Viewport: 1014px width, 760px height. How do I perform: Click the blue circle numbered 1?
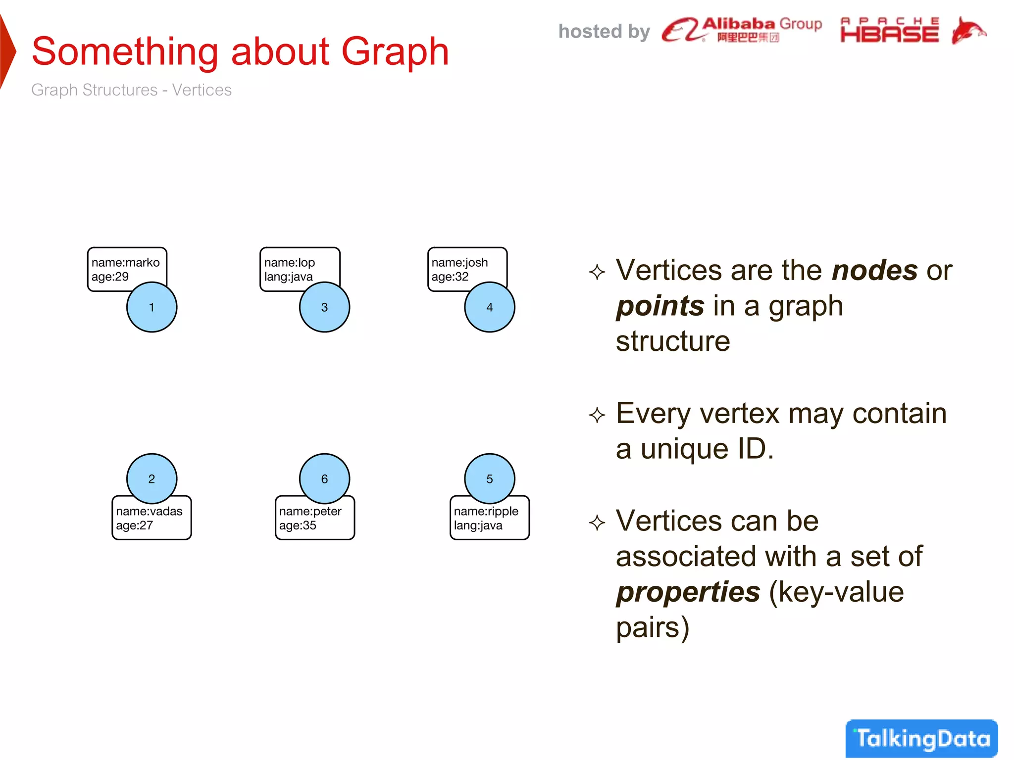[152, 307]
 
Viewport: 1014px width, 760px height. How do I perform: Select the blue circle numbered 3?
[324, 307]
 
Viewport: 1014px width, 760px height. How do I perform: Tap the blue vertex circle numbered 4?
[489, 307]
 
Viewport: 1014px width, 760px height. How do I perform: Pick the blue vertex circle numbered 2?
[152, 478]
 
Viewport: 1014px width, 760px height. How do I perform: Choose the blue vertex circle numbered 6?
[324, 478]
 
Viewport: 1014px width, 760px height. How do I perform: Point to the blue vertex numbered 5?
[489, 478]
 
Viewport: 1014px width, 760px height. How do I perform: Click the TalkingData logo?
[921, 738]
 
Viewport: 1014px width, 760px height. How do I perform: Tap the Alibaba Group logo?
[742, 30]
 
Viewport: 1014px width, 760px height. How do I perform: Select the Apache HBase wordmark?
[889, 31]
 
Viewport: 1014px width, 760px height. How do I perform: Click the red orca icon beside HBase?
[968, 31]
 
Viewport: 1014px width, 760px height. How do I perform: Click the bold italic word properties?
[688, 592]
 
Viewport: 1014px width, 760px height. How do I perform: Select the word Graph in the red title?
[395, 51]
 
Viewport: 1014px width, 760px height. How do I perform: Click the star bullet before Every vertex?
[597, 415]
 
